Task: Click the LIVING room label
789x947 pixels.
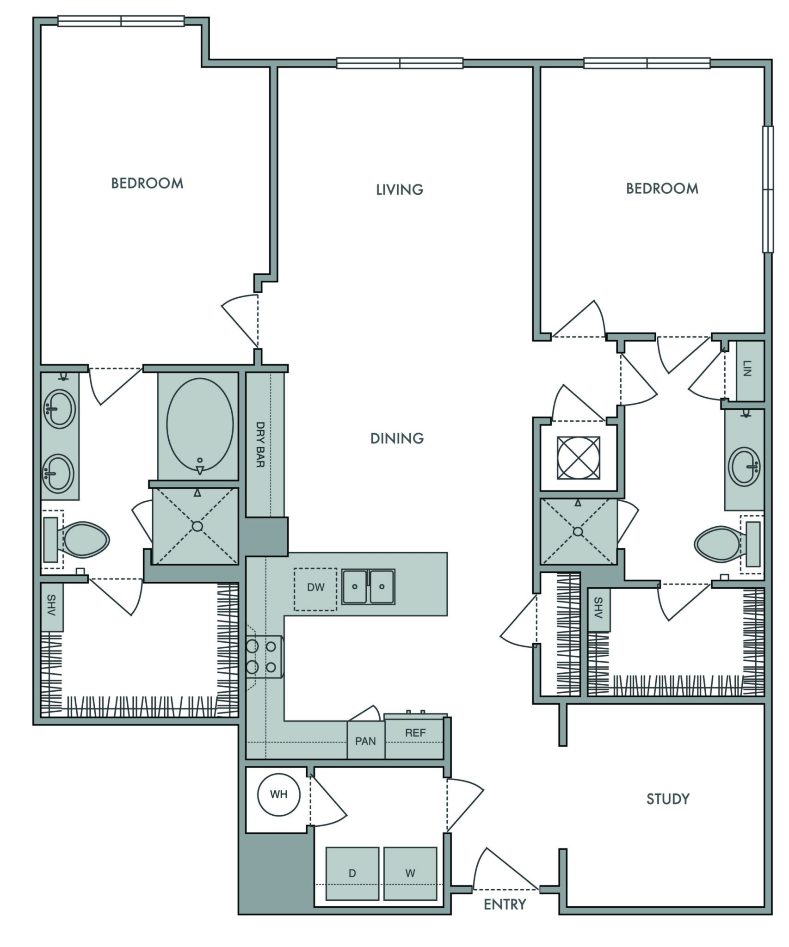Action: click(400, 190)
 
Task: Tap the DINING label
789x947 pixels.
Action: click(397, 438)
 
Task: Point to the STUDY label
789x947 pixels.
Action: click(668, 799)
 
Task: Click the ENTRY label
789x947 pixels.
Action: click(505, 904)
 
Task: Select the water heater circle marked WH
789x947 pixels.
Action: click(279, 794)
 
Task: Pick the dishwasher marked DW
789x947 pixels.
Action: click(315, 589)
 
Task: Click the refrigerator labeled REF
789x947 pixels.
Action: click(414, 736)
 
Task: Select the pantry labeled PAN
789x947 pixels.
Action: click(366, 740)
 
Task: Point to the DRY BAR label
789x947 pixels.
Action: click(260, 444)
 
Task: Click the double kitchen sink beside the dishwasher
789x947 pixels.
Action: click(368, 587)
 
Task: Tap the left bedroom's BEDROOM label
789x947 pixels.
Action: click(147, 183)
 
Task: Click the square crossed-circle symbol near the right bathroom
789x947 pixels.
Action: click(579, 458)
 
